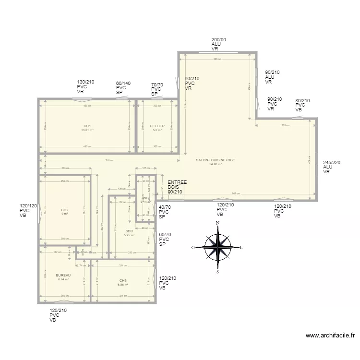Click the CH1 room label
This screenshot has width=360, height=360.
click(87, 126)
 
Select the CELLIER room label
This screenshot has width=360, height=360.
click(157, 126)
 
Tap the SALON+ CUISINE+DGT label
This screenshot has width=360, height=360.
click(215, 160)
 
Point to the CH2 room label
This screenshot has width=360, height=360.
click(65, 210)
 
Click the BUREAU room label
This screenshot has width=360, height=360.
click(63, 275)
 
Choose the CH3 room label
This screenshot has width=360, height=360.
click(123, 280)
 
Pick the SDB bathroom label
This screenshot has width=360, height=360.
click(129, 231)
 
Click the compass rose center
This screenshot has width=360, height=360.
click(218, 247)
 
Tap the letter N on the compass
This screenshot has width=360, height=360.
click(218, 223)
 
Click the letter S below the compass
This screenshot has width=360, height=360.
click(218, 272)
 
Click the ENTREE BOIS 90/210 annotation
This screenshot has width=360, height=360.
click(177, 187)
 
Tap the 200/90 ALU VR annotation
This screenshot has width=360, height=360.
click(219, 44)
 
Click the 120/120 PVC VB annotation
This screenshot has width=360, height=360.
click(28, 210)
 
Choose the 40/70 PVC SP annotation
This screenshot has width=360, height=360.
click(164, 212)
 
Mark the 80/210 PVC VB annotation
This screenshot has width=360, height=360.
click(302, 105)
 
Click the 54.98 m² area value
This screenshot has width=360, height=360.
click(215, 164)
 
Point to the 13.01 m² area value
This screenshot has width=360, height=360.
click(87, 130)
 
